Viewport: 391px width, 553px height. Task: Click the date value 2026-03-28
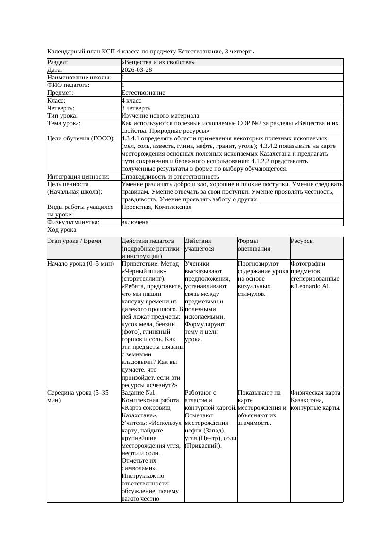click(137, 69)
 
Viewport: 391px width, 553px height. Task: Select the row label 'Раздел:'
click(58, 62)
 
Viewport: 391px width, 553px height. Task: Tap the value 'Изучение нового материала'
click(160, 115)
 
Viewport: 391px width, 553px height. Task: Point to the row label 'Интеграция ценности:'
click(78, 176)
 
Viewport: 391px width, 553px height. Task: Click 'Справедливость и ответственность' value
click(170, 176)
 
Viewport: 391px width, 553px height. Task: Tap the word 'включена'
click(135, 222)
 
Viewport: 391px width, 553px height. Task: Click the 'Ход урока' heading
click(62, 230)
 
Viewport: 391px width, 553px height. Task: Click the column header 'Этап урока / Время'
click(74, 241)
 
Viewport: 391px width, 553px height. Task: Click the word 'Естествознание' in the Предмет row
click(143, 93)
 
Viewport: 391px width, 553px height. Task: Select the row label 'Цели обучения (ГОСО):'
click(81, 138)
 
